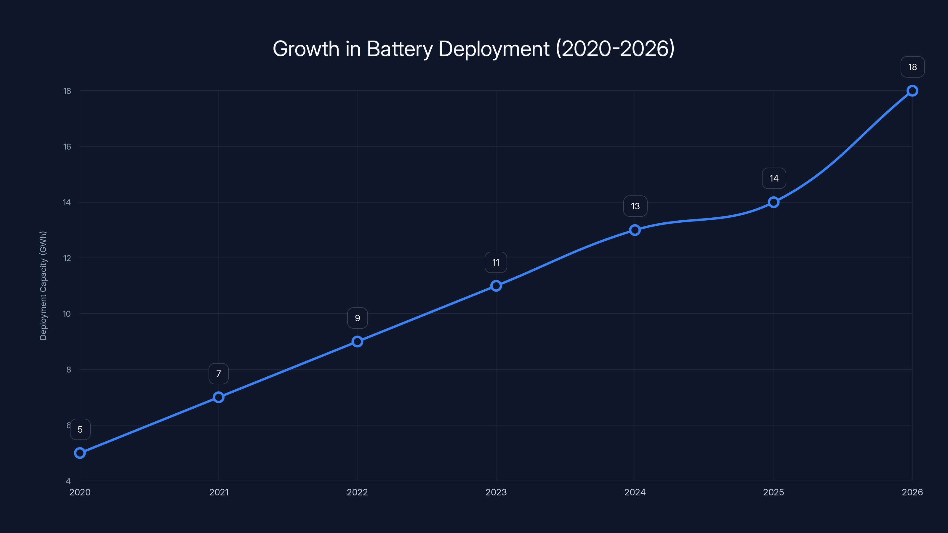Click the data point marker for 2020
coord(80,453)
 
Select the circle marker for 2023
coord(496,286)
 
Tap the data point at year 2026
coord(912,91)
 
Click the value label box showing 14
coord(774,178)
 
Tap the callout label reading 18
coord(912,67)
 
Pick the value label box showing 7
coord(219,374)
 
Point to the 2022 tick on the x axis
coord(357,492)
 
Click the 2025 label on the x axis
coord(774,492)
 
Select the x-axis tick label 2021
coord(219,492)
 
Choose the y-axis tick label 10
coord(67,314)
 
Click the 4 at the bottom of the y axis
coord(68,481)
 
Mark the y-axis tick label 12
coord(67,258)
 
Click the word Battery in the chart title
coord(400,49)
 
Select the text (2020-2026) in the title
coord(615,49)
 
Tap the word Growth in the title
coord(306,49)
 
